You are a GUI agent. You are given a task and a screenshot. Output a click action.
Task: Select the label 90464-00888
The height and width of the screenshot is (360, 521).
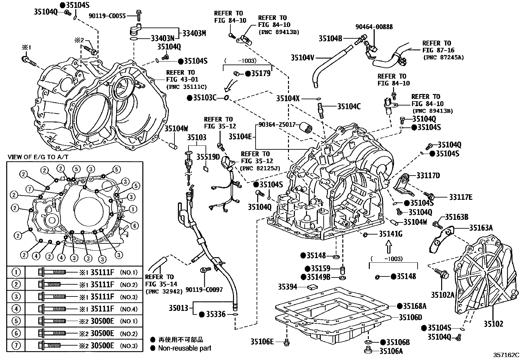[374, 27]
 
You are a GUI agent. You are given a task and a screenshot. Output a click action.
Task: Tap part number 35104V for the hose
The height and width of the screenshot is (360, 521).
[302, 58]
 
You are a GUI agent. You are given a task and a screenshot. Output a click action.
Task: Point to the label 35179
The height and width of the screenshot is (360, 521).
[261, 73]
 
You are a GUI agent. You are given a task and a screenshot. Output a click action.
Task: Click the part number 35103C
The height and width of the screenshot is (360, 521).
[205, 98]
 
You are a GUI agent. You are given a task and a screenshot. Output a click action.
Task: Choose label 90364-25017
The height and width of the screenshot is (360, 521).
[277, 124]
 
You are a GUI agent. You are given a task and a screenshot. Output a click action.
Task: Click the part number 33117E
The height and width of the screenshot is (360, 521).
[461, 197]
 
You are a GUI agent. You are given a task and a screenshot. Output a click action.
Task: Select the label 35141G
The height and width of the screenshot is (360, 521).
[391, 234]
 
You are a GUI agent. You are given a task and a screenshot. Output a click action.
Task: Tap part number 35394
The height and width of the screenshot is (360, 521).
[288, 287]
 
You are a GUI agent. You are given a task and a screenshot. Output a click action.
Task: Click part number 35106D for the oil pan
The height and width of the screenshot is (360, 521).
[410, 317]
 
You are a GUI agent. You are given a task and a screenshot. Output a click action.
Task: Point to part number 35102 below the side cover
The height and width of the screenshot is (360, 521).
[494, 324]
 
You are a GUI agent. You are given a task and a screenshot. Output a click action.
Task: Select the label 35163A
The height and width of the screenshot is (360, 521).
[481, 228]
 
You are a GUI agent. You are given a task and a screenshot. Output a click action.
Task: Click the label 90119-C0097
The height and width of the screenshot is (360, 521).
[204, 290]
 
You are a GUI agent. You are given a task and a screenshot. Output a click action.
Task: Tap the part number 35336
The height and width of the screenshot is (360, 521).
[216, 314]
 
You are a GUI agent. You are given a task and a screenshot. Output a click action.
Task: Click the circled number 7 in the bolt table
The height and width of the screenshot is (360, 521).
[16, 346]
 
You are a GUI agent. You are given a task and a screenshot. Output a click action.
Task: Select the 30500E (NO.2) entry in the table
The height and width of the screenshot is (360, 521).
[102, 333]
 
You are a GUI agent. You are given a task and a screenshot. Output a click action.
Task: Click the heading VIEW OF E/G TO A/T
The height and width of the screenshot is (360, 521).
[38, 157]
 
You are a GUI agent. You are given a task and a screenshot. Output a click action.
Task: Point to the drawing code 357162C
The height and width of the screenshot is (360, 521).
[507, 355]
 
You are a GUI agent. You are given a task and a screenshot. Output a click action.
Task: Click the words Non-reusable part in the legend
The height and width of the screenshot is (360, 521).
[185, 348]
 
